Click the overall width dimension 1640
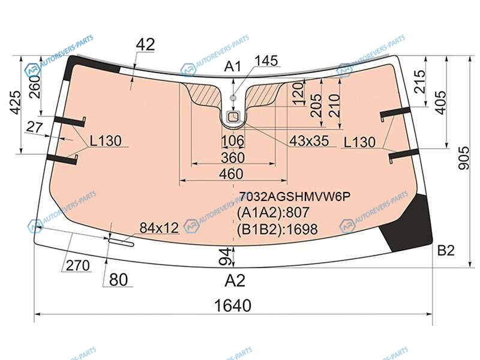[x=233, y=305]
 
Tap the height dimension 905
[x=464, y=158]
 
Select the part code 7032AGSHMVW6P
[x=295, y=197]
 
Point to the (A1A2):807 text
[x=273, y=212]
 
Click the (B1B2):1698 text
[x=277, y=229]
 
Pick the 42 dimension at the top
[x=145, y=44]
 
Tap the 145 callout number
[x=266, y=61]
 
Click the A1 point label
[x=233, y=66]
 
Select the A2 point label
[x=235, y=280]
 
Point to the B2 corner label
[x=446, y=250]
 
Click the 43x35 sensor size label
[x=309, y=141]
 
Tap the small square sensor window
[x=233, y=116]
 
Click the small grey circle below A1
[x=233, y=98]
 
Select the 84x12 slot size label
[x=159, y=228]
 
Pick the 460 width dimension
[x=231, y=174]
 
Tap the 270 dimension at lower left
[x=78, y=265]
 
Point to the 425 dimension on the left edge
[x=17, y=103]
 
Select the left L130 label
[x=106, y=141]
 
